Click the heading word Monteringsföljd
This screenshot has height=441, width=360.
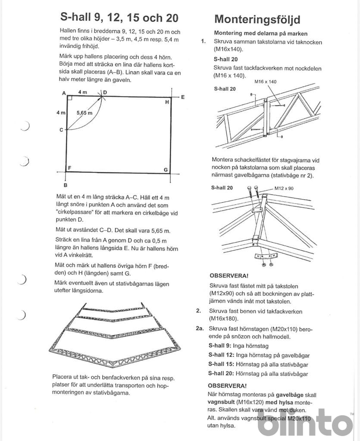257,19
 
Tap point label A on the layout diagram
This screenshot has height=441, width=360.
64,93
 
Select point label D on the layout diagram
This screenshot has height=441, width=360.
105,92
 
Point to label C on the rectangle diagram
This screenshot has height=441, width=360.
61,130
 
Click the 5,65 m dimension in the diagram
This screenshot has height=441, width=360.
85,113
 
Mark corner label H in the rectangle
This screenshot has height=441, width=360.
167,102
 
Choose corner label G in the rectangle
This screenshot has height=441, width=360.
166,170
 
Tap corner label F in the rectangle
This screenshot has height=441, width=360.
69,168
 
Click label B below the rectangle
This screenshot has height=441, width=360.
65,185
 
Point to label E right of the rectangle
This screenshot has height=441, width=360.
183,97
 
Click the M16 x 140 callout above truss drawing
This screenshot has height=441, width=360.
266,81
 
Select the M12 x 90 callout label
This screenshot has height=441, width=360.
284,188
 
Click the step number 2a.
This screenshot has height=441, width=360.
200,329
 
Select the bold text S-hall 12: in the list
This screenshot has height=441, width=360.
221,355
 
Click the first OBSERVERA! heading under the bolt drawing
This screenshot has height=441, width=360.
229,276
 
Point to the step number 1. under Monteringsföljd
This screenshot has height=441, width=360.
203,41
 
